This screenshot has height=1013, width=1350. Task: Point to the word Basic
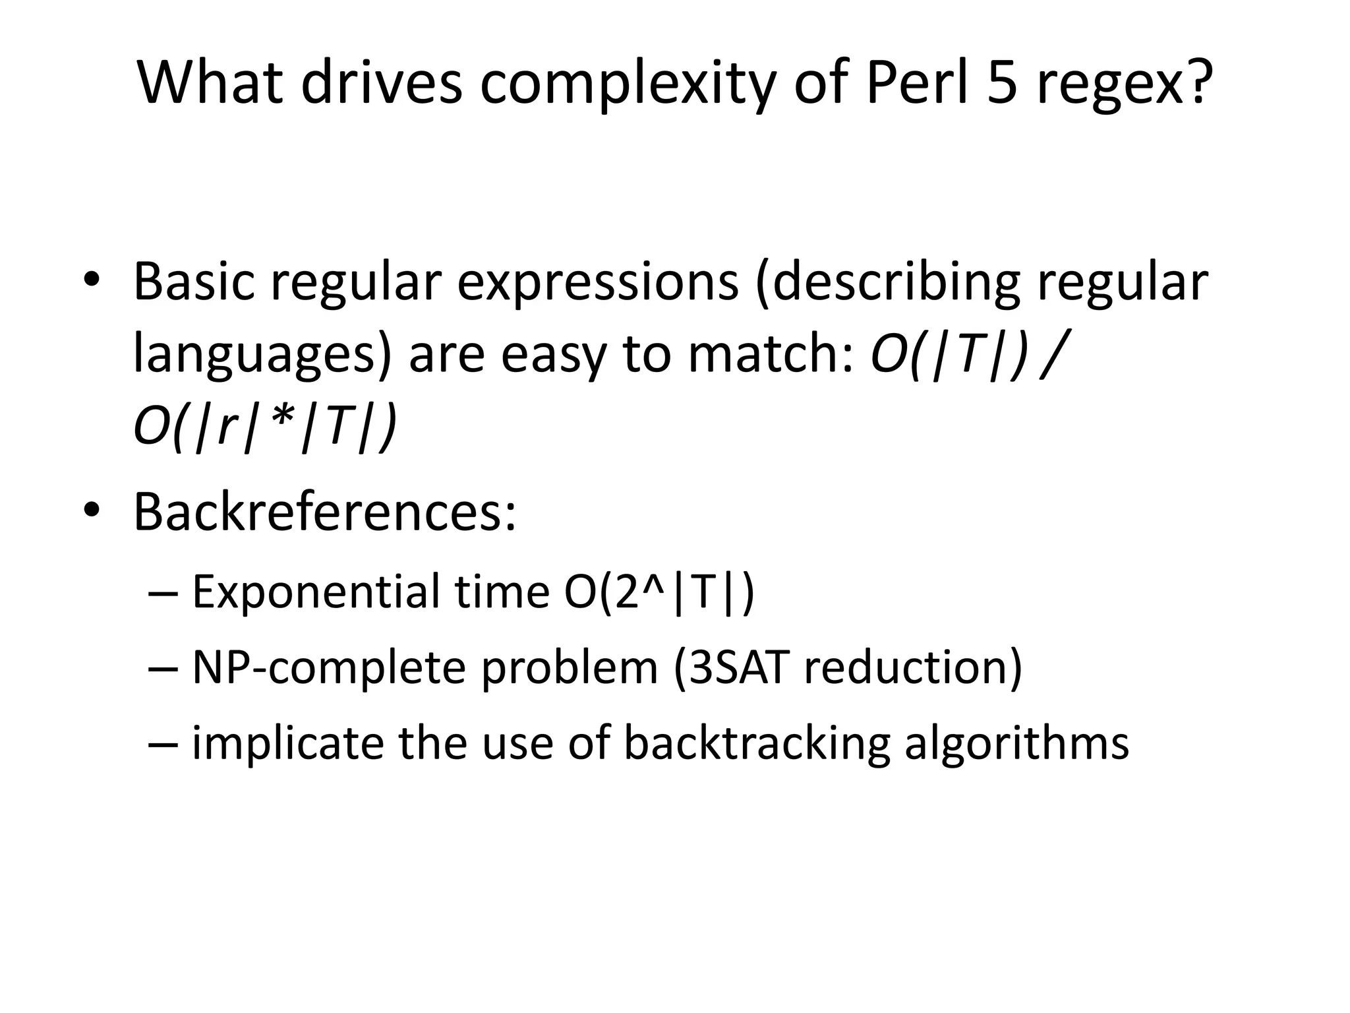tap(194, 282)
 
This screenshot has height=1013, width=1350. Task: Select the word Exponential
tap(315, 592)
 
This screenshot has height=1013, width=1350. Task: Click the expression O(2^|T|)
tap(659, 592)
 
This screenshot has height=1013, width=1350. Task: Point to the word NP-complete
tap(327, 668)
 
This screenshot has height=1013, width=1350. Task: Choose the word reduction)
tap(913, 667)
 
